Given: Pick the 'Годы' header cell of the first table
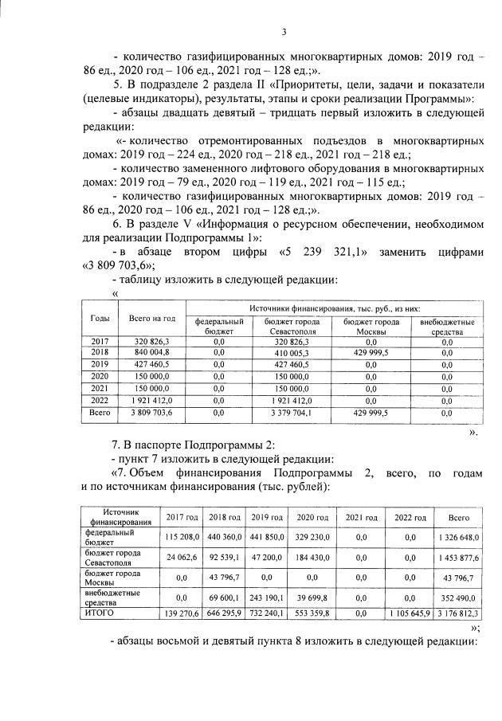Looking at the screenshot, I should point(100,319).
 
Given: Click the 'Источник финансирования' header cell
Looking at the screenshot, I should point(120,517).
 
